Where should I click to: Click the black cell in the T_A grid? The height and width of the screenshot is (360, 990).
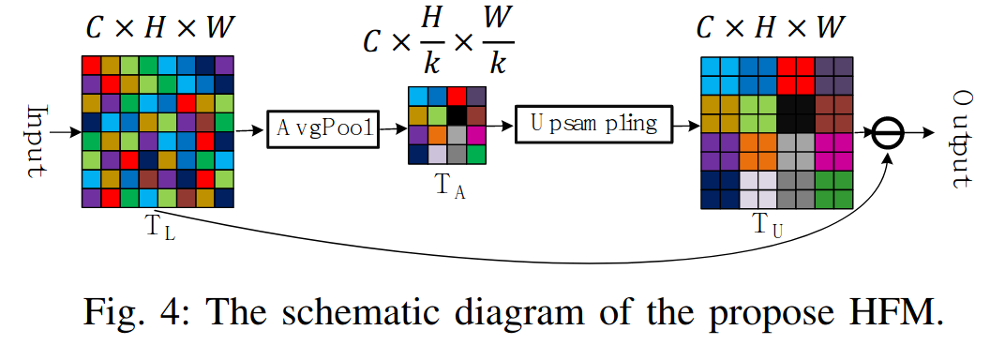click(x=456, y=114)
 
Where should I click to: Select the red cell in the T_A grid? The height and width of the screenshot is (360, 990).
click(x=456, y=95)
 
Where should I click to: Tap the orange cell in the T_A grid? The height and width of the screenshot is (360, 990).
click(x=437, y=134)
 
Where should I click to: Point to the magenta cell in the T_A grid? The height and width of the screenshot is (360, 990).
click(x=475, y=134)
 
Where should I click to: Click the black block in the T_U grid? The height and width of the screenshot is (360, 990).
click(x=795, y=114)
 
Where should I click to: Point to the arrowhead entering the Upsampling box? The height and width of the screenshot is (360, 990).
click(x=510, y=124)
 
